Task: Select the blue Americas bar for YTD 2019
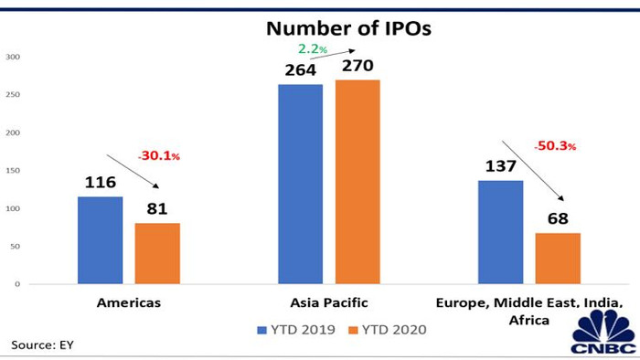point(100,240)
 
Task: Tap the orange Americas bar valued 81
point(157,253)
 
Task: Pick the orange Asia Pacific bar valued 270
point(357,182)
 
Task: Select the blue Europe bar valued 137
point(501,232)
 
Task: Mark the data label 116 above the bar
point(100,184)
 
